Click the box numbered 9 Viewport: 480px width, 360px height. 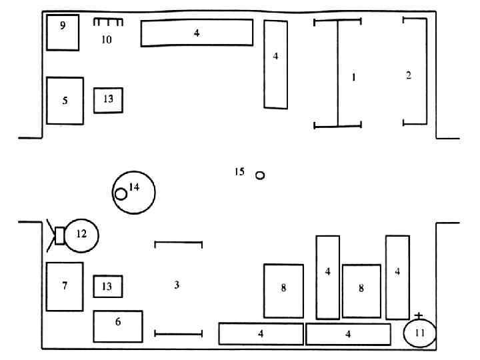63,32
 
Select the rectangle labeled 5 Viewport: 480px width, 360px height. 65,101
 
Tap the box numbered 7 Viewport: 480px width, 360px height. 65,286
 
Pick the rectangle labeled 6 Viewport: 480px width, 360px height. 118,326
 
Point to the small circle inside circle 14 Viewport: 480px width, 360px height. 121,194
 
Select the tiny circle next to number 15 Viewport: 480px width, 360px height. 260,175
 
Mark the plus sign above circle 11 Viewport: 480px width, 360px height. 419,315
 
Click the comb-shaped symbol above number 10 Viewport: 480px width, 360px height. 109,23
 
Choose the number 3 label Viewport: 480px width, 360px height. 177,285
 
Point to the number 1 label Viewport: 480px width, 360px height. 354,77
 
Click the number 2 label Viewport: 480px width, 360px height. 409,75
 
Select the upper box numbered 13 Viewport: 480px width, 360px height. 108,99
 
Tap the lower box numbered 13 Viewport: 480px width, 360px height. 107,286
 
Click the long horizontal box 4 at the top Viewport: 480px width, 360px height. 197,33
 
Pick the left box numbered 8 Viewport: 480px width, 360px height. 283,290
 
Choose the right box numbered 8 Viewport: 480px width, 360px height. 361,290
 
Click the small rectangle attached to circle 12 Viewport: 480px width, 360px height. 59,235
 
